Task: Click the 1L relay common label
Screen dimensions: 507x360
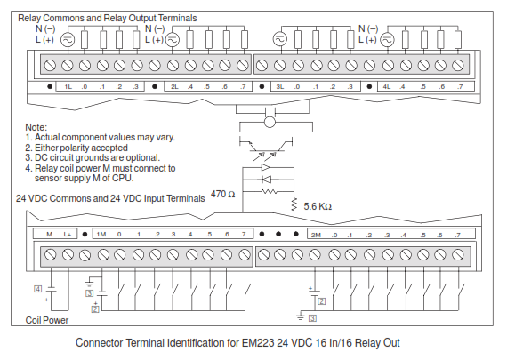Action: pyautogui.click(x=68, y=86)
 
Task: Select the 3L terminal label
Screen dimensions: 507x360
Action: pyautogui.click(x=280, y=86)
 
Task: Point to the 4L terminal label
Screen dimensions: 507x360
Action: pyautogui.click(x=387, y=86)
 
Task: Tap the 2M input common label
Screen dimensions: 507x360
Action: pyautogui.click(x=316, y=235)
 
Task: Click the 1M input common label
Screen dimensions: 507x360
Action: pyautogui.click(x=101, y=235)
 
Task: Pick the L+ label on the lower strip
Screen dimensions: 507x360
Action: pyautogui.click(x=68, y=235)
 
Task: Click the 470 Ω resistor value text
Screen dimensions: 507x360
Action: pyautogui.click(x=222, y=194)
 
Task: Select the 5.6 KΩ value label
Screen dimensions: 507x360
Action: pyautogui.click(x=318, y=206)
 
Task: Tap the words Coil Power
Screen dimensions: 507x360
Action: pyautogui.click(x=47, y=320)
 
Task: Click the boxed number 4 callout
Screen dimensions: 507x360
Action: pyautogui.click(x=38, y=289)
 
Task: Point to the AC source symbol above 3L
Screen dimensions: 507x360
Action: pyautogui.click(x=279, y=39)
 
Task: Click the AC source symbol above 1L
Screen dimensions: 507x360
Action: pyautogui.click(x=68, y=40)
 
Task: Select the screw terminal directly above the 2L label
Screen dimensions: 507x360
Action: pyautogui.click(x=173, y=65)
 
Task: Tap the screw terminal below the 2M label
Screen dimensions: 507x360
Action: pyautogui.click(x=315, y=255)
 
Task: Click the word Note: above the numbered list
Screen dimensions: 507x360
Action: pyautogui.click(x=36, y=127)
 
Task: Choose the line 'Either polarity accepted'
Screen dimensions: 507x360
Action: pyautogui.click(x=81, y=148)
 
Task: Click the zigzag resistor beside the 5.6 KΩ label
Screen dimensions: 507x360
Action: pyautogui.click(x=294, y=204)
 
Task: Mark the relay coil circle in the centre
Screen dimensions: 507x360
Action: pyautogui.click(x=270, y=122)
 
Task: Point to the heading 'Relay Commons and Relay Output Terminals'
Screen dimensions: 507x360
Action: pyautogui.click(x=108, y=18)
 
